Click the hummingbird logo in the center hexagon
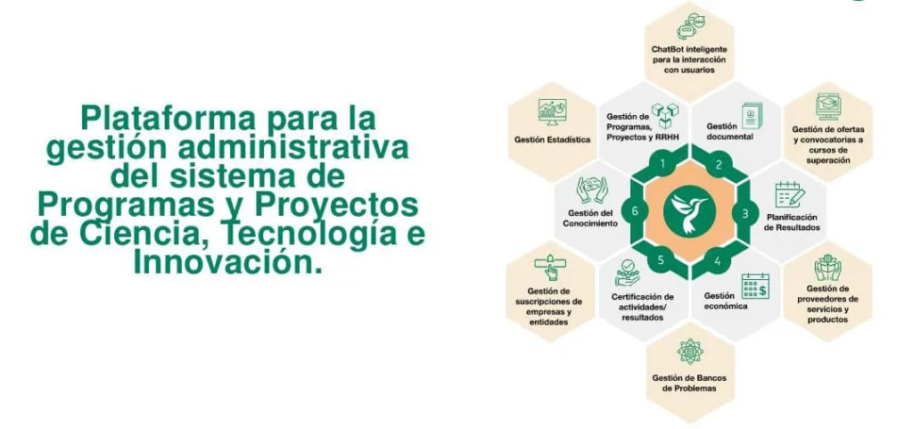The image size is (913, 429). (689, 210)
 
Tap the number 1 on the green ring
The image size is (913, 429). (662, 163)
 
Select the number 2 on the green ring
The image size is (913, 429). (719, 164)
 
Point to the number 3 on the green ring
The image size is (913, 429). (744, 213)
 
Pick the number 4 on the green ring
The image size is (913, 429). (718, 261)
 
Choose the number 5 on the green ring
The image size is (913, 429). (661, 260)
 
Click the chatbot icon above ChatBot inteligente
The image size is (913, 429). (690, 26)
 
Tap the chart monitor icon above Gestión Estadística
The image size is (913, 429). (552, 111)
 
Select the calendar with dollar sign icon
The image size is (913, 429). (755, 286)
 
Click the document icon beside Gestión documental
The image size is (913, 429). (751, 117)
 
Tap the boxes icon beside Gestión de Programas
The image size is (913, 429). (665, 116)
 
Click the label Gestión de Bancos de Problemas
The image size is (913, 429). (689, 383)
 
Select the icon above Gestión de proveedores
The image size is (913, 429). (827, 268)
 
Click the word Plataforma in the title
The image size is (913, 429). (168, 120)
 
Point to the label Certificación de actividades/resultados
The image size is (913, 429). (642, 307)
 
